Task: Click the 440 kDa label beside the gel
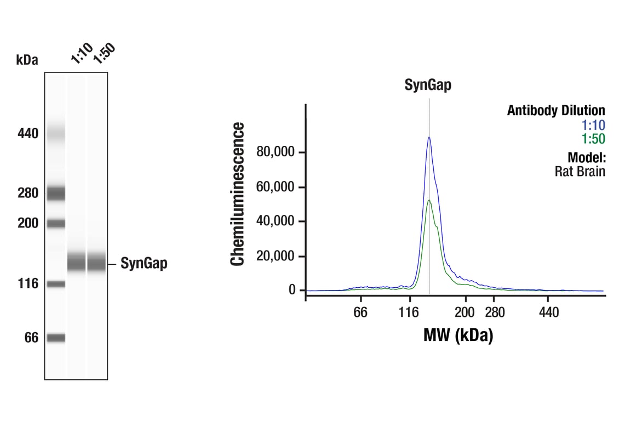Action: point(27,133)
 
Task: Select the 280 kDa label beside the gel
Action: point(27,193)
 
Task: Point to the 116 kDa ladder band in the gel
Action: point(55,284)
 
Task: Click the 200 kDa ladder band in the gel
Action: point(55,223)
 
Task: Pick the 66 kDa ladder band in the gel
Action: point(55,338)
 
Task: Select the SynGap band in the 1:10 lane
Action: point(77,262)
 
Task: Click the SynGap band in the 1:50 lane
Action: point(97,262)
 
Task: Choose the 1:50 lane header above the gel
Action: point(104,53)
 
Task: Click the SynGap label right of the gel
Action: point(144,264)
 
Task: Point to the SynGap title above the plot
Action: point(428,85)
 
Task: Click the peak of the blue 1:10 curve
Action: point(429,137)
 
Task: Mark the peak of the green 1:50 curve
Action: point(429,200)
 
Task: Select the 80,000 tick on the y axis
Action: point(276,152)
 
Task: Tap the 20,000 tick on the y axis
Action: point(276,256)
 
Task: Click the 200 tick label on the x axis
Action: point(465,312)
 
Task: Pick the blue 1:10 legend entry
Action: point(593,125)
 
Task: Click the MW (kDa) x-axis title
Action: point(458,334)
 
